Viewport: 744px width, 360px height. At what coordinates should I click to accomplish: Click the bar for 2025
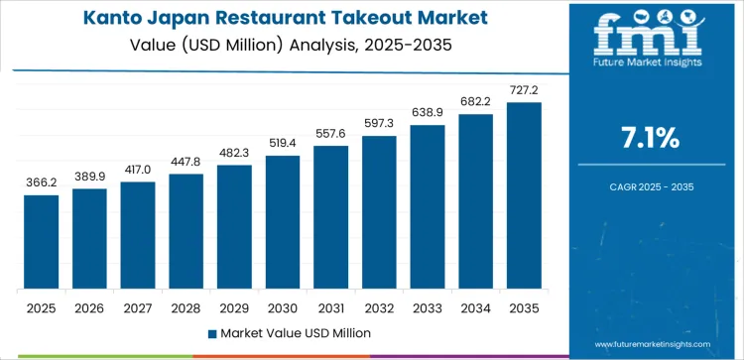(42, 242)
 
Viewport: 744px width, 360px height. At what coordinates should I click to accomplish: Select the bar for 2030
(283, 222)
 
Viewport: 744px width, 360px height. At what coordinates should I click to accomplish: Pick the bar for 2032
(379, 212)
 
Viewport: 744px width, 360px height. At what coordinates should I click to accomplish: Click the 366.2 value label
(42, 183)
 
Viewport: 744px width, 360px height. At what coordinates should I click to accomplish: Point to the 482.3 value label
(234, 154)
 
